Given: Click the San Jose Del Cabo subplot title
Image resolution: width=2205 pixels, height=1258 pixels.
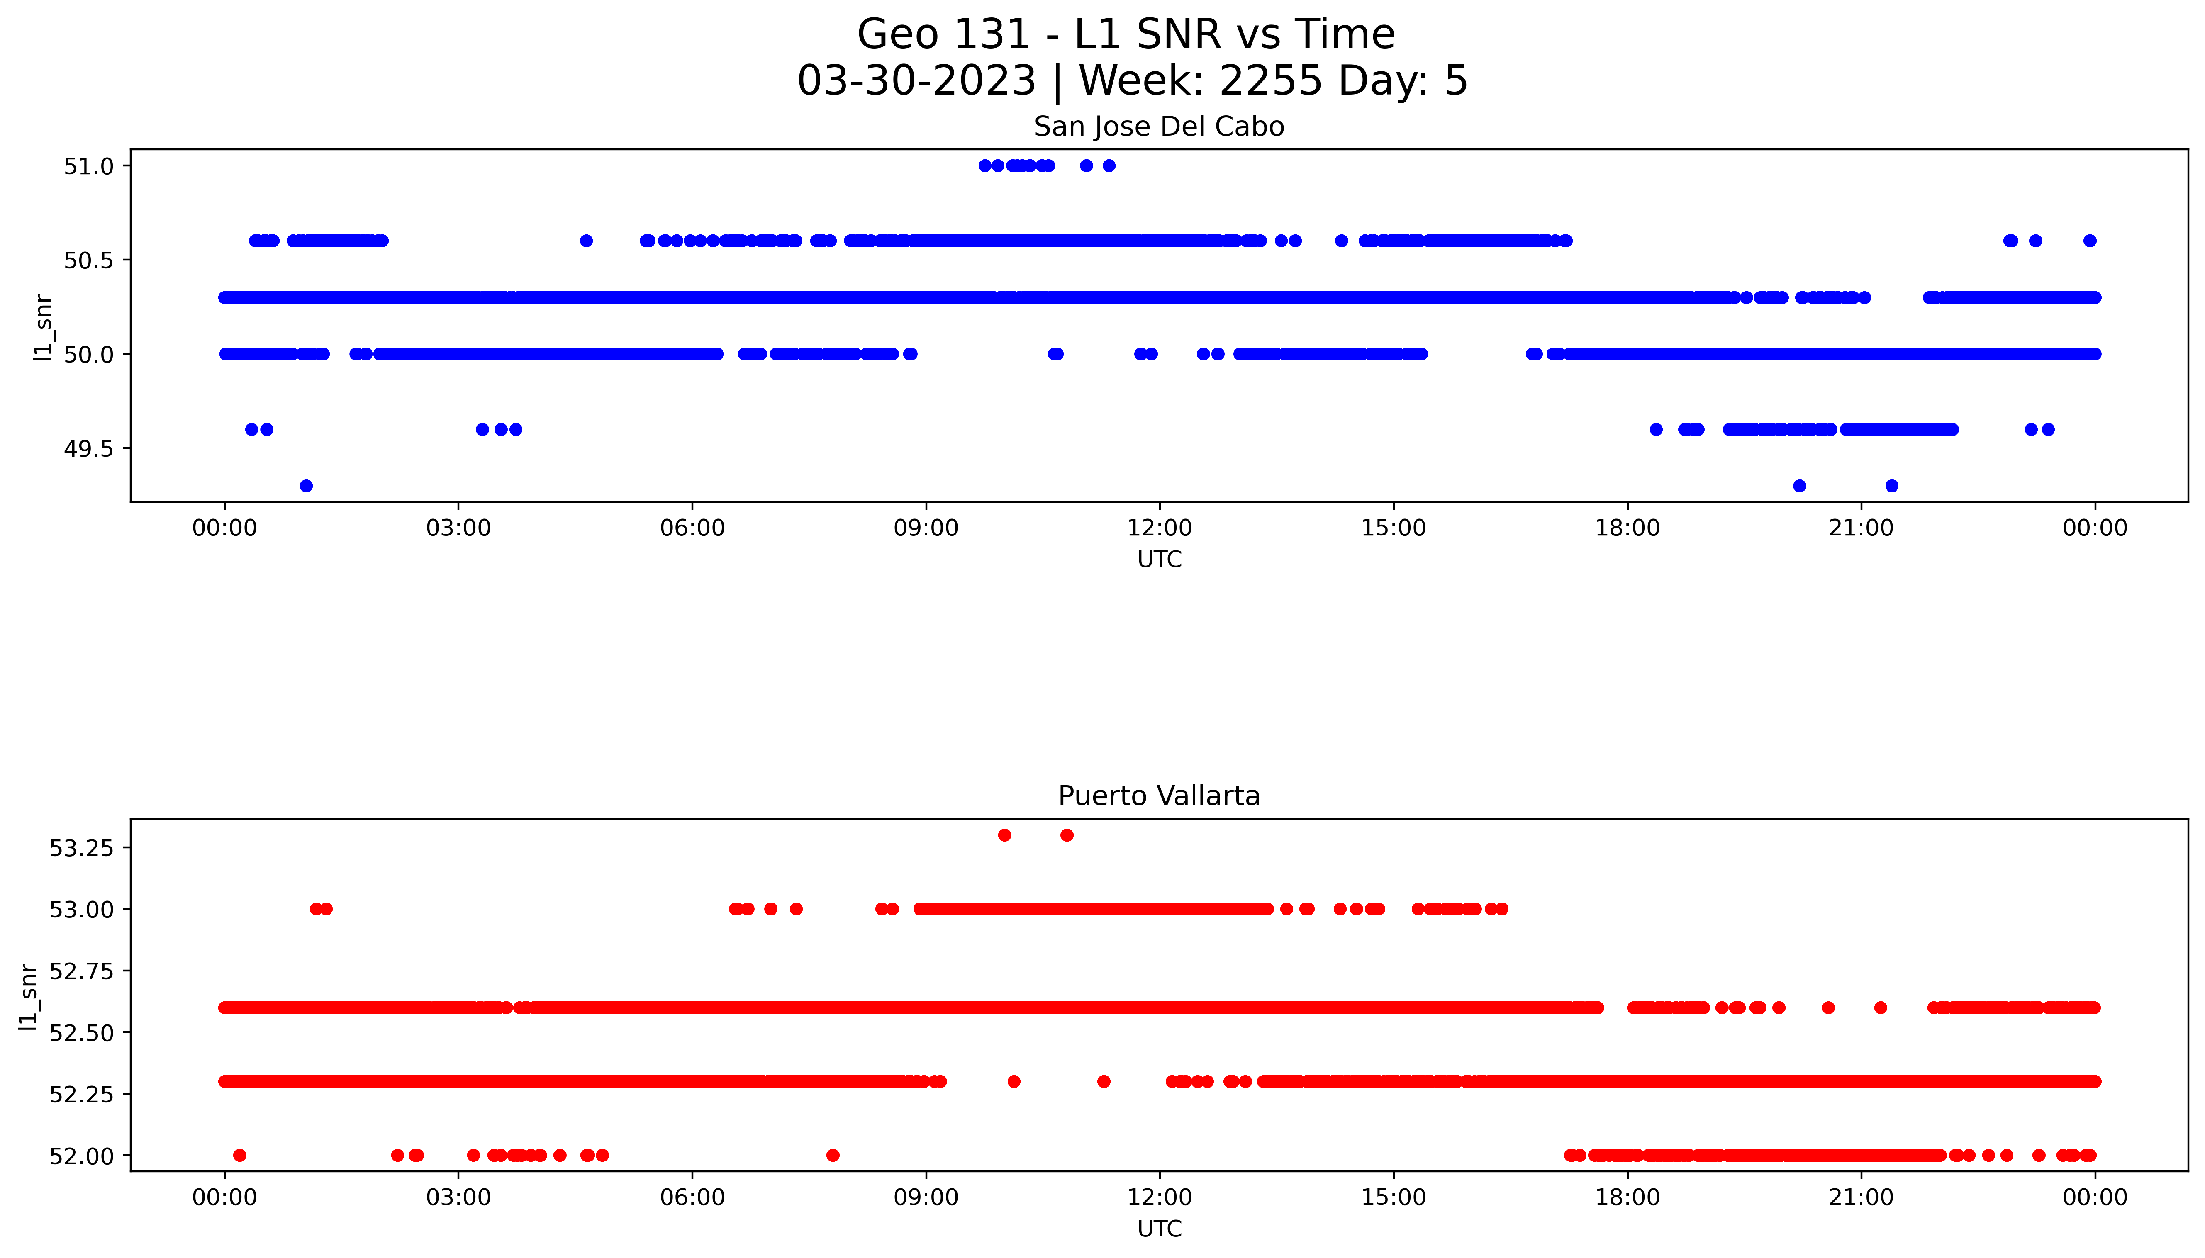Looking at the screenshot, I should pos(1159,127).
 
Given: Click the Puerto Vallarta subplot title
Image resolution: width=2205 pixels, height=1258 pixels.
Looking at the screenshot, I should pos(1159,796).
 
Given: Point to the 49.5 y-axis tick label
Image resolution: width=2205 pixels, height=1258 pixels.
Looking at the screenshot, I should pos(88,448).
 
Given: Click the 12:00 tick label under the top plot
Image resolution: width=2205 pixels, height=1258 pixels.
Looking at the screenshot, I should pos(1159,528).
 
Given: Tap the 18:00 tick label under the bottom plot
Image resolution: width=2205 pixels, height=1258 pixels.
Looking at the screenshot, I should pos(1627,1197).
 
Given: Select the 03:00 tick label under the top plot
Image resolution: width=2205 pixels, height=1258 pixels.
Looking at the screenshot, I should pos(458,528).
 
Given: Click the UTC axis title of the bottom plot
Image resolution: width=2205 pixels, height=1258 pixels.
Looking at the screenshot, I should pos(1159,1229).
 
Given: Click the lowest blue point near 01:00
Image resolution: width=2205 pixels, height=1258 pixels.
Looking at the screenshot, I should pos(306,486).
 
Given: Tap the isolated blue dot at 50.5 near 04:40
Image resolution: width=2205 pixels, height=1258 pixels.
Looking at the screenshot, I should pos(586,241).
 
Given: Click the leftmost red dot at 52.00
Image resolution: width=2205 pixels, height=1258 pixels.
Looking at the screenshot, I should pos(240,1155).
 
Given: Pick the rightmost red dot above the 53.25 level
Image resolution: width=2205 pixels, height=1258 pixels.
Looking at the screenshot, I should pos(1067,835).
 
